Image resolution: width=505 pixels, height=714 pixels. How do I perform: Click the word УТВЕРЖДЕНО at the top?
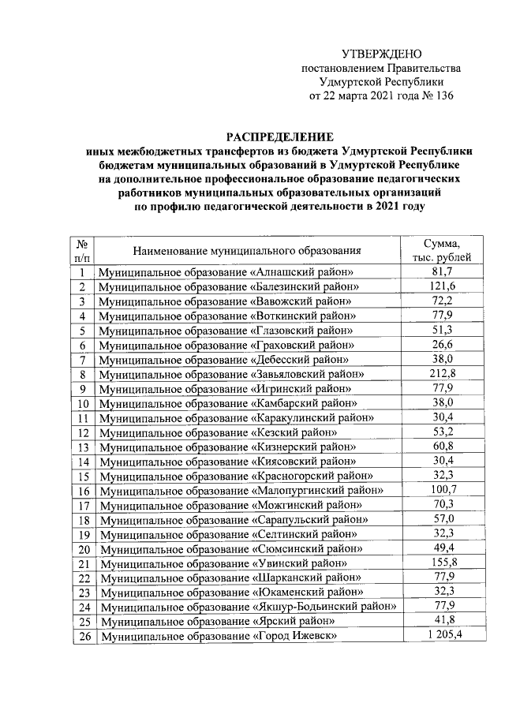tap(382, 54)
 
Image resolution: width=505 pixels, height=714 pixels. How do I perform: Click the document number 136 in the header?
tap(445, 96)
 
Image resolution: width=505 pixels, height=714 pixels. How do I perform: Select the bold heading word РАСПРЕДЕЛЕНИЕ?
tap(280, 136)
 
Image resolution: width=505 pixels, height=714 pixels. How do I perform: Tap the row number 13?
tap(81, 447)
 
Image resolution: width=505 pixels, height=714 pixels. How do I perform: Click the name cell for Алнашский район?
tap(225, 272)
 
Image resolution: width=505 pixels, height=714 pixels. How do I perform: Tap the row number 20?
tap(81, 548)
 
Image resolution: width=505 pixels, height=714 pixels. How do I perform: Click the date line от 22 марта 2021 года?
tap(360, 96)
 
